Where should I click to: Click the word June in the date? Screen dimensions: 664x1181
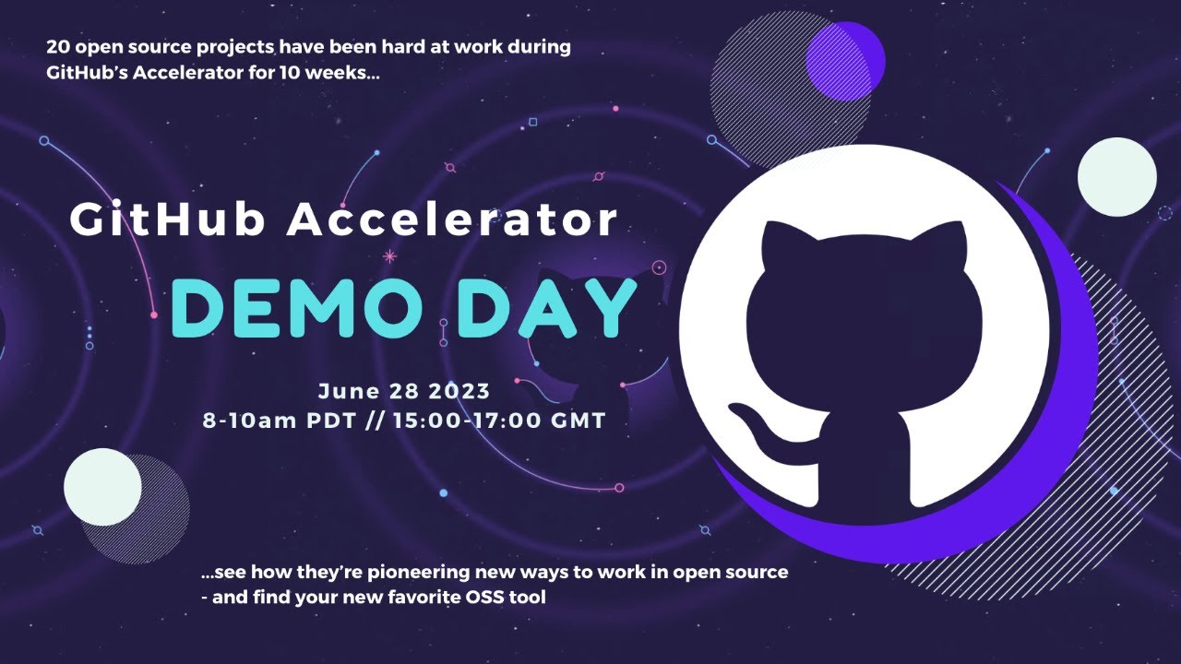[348, 390]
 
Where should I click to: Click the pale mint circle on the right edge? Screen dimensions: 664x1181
[1116, 177]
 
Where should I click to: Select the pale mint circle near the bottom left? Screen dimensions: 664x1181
[102, 487]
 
